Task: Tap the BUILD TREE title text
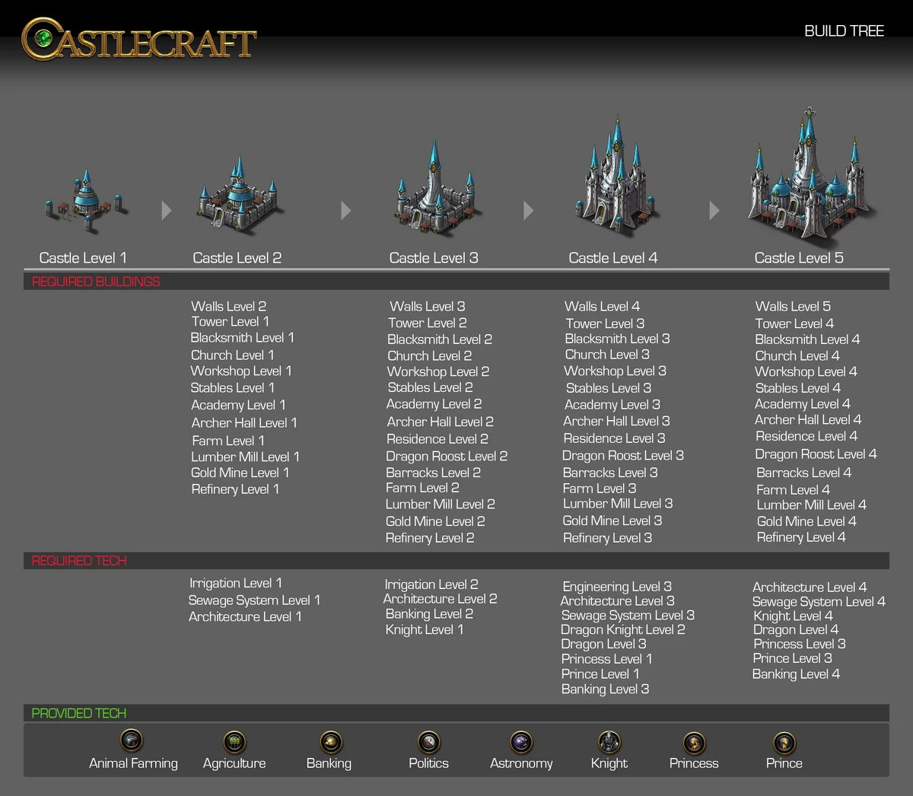(844, 31)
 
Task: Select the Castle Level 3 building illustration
(435, 190)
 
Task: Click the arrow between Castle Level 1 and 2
(167, 211)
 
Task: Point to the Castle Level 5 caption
(798, 258)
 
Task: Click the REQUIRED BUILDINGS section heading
(96, 282)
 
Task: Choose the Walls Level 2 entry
(228, 307)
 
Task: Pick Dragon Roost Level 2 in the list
(447, 457)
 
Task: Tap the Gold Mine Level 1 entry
(240, 473)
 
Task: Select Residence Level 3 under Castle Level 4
(614, 438)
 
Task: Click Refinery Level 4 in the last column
(800, 537)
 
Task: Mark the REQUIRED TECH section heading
(79, 561)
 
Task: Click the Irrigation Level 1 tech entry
(235, 583)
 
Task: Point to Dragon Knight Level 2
(622, 629)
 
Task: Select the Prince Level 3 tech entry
(792, 658)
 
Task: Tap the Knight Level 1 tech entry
(424, 629)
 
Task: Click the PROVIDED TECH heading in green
(79, 713)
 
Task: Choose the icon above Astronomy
(521, 741)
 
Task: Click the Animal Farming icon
(132, 740)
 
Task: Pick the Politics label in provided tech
(428, 763)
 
